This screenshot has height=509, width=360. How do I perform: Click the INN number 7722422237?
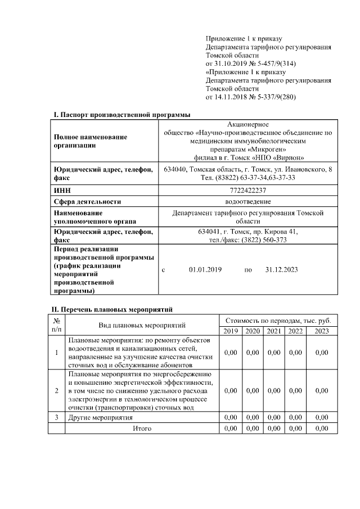(248, 190)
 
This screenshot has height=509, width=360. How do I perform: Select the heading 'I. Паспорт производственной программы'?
(122, 115)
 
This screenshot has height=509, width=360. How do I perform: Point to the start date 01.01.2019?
(206, 270)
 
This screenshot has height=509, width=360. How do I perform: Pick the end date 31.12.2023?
(281, 270)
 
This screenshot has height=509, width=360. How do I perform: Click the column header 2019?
(231, 331)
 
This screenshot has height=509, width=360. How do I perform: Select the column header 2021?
(274, 331)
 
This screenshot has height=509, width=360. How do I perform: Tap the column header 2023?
(322, 331)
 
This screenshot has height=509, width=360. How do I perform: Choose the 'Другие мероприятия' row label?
(101, 418)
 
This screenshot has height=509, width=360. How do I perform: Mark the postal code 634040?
(175, 169)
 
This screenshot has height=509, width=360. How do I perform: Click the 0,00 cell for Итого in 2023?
(322, 429)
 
